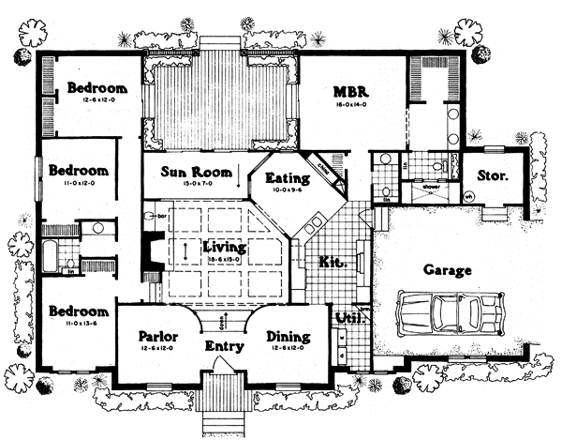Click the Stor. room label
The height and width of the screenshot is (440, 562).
493,174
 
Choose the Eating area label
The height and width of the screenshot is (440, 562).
282,177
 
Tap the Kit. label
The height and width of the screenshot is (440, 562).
331,262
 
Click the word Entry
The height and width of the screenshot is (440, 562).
226,346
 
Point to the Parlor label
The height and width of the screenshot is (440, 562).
158,336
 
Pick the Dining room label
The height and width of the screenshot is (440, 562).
288,336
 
